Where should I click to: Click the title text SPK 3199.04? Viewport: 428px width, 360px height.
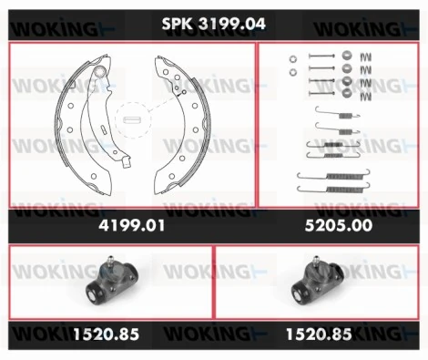click(214, 25)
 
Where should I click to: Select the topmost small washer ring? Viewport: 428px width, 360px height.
click(293, 57)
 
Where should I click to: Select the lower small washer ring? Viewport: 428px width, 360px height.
click(293, 72)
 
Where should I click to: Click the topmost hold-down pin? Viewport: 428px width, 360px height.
click(321, 57)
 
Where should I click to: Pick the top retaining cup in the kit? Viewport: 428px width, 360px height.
click(348, 57)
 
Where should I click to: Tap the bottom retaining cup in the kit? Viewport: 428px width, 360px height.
click(348, 91)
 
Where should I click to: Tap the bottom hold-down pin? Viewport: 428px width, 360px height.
click(321, 92)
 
